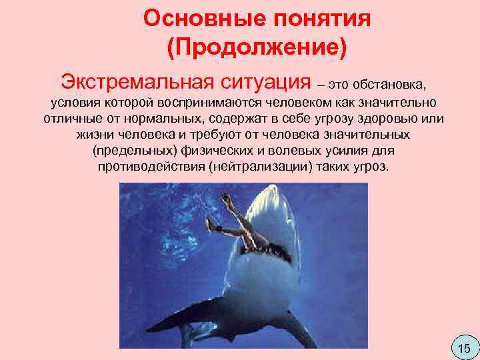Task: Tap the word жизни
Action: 92,135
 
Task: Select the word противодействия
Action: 151,166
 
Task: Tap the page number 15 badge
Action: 465,347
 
